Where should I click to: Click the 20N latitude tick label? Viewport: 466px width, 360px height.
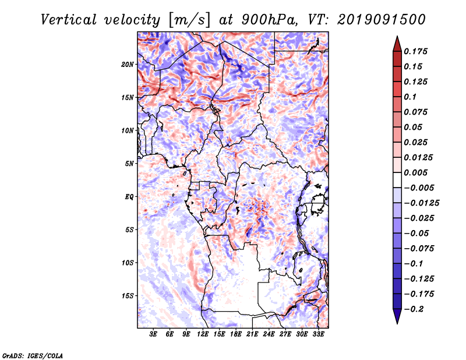pyautogui.click(x=128, y=65)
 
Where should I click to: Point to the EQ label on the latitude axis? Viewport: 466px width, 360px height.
pyautogui.click(x=129, y=197)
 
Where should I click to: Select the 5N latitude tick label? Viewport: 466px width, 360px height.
pyautogui.click(x=129, y=164)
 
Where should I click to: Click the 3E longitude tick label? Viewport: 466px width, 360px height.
pyautogui.click(x=153, y=334)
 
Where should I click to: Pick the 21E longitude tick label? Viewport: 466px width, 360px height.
pyautogui.click(x=252, y=334)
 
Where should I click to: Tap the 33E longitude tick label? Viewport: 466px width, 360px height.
pyautogui.click(x=318, y=334)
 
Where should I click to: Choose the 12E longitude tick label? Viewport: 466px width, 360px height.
pyautogui.click(x=203, y=334)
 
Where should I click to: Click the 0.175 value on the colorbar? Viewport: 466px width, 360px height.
pyautogui.click(x=415, y=51)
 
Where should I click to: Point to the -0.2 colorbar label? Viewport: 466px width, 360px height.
pyautogui.click(x=414, y=309)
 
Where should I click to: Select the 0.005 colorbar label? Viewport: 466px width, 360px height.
pyautogui.click(x=415, y=172)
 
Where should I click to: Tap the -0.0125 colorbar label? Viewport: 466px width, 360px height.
pyautogui.click(x=421, y=203)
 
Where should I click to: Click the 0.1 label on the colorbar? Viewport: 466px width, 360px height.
pyautogui.click(x=410, y=97)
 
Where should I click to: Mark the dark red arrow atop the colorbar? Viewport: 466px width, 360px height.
pyautogui.click(x=397, y=44)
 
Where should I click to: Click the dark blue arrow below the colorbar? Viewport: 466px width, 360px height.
pyautogui.click(x=397, y=316)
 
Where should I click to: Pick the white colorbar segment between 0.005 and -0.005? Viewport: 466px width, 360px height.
pyautogui.click(x=397, y=180)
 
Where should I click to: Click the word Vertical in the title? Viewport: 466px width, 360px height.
pyautogui.click(x=69, y=20)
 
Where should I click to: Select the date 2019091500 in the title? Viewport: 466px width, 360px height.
pyautogui.click(x=382, y=20)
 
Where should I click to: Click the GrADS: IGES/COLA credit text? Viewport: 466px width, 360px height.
pyautogui.click(x=33, y=356)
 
